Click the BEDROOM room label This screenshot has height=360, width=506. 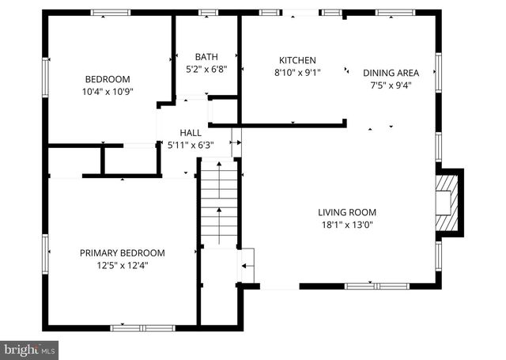(108, 79)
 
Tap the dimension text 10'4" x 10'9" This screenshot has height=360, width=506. (108, 91)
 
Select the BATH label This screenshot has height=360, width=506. (206, 57)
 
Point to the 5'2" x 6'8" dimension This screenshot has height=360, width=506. (206, 69)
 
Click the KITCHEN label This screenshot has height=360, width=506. (297, 60)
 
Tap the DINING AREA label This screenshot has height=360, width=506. (391, 73)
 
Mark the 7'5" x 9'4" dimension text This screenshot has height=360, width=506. (391, 85)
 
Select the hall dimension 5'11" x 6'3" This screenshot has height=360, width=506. (190, 146)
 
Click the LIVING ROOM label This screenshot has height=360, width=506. (347, 212)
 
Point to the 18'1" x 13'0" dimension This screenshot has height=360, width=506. (347, 224)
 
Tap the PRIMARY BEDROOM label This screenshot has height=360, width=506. (123, 253)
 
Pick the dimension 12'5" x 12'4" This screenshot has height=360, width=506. (123, 265)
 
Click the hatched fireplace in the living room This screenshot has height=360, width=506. (447, 203)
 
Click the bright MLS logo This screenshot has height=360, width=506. (30, 349)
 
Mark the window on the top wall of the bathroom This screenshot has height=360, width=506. (208, 13)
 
